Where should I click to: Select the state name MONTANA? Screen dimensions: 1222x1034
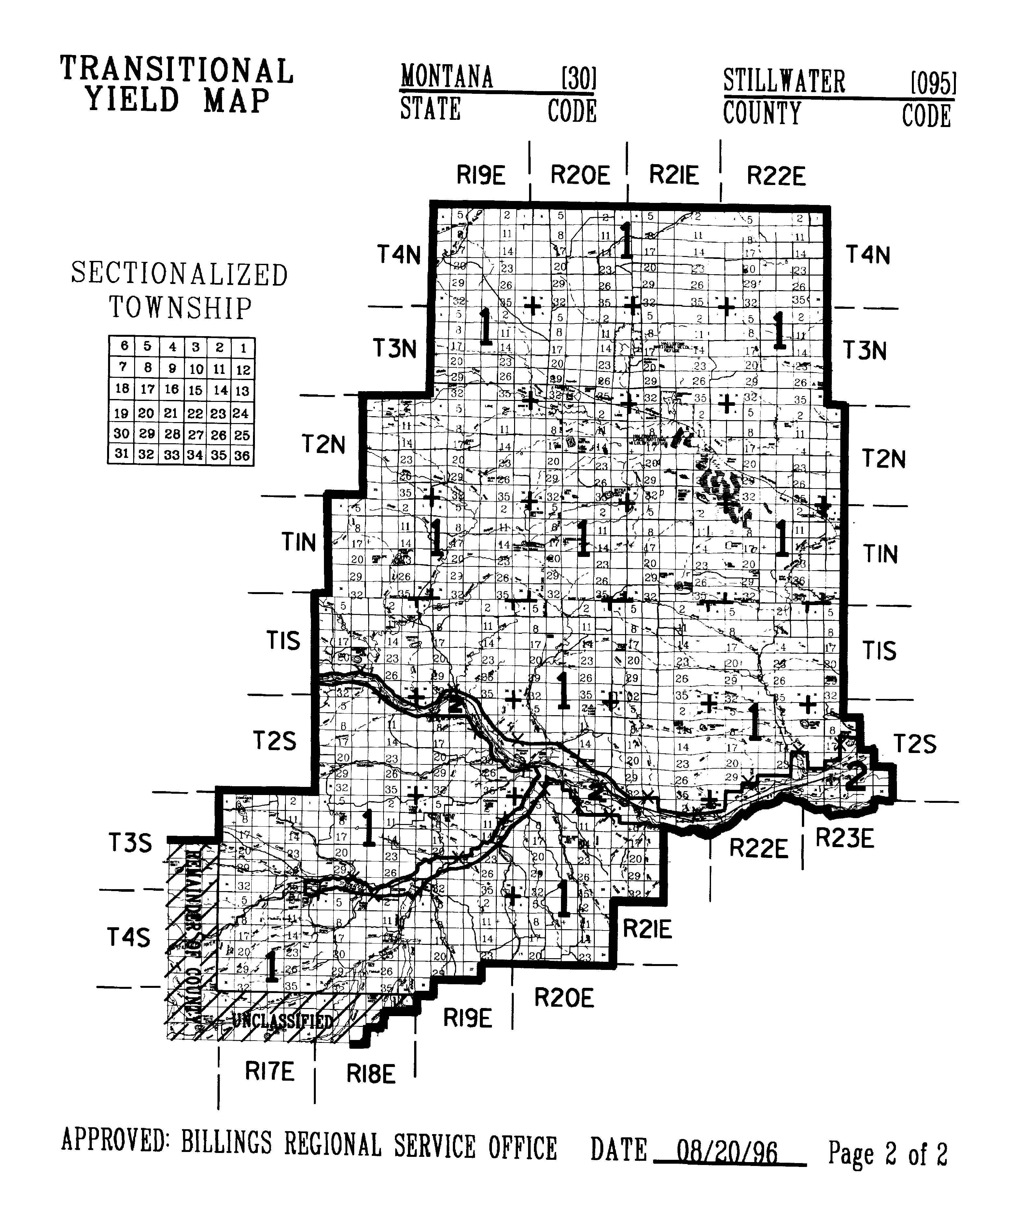[447, 78]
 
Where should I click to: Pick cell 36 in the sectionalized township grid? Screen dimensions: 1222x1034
[242, 456]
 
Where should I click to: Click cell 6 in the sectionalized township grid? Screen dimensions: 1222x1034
[124, 346]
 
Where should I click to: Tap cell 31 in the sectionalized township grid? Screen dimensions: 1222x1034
[121, 453]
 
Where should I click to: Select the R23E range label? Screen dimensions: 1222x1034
[845, 839]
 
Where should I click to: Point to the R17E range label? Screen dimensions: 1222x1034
[269, 1072]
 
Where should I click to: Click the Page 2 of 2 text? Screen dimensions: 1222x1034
[887, 1154]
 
